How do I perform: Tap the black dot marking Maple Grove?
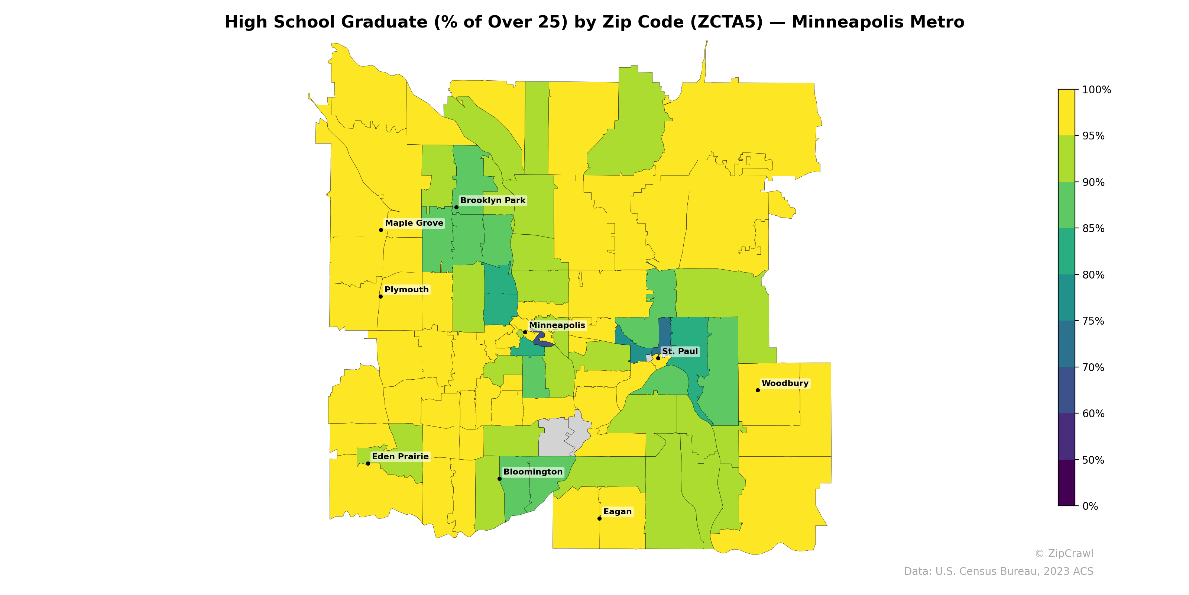[381, 230]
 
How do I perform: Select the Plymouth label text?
[406, 290]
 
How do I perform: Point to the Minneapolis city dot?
[525, 332]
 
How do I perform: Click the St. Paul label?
[680, 351]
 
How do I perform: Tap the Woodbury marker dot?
[758, 390]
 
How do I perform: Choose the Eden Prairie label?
[400, 456]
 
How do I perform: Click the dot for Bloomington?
[499, 479]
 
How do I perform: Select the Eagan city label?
[617, 511]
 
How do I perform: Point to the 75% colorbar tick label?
[1093, 321]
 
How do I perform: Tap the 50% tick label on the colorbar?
[1093, 460]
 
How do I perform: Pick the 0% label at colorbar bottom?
[1090, 506]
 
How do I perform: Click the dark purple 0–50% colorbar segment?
[1066, 483]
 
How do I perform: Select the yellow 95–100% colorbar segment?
[1066, 112]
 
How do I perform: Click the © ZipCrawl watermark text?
[1063, 553]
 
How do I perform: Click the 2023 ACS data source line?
[998, 572]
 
